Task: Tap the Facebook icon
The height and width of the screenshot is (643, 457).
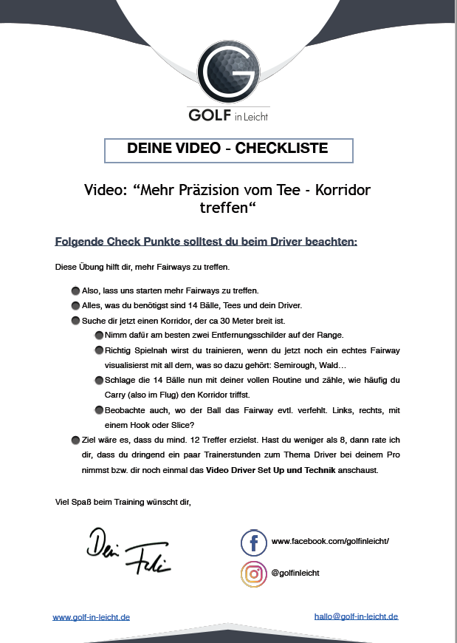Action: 253,542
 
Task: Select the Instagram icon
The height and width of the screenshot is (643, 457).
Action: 253,574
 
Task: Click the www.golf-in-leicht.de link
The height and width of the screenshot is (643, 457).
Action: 91,617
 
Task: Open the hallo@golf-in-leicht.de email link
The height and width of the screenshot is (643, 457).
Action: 356,616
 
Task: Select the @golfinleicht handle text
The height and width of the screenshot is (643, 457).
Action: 295,573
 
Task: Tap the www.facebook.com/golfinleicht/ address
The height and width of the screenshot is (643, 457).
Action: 330,542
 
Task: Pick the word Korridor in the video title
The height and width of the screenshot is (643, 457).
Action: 341,191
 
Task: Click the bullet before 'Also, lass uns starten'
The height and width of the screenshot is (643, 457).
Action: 76,290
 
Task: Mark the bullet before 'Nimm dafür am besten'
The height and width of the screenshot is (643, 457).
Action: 100,335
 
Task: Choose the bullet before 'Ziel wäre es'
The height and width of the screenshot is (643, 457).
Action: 76,440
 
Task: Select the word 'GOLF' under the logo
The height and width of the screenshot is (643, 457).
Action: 210,115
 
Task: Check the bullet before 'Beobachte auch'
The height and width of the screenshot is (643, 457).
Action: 100,410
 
